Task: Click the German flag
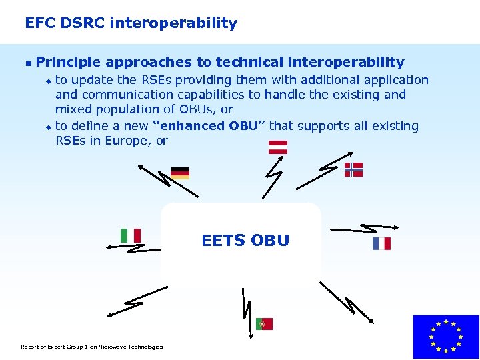pyautogui.click(x=180, y=173)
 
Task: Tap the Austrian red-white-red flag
pyautogui.click(x=277, y=147)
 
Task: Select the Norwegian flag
pyautogui.click(x=353, y=169)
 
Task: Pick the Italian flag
pyautogui.click(x=131, y=235)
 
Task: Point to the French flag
pyautogui.click(x=381, y=243)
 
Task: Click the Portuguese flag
pyautogui.click(x=264, y=324)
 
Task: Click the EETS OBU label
pyautogui.click(x=245, y=241)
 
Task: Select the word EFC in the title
pyautogui.click(x=39, y=23)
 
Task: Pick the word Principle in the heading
pyautogui.click(x=68, y=63)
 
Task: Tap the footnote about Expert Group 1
pyautogui.click(x=92, y=346)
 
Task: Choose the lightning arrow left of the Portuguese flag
pyautogui.click(x=246, y=309)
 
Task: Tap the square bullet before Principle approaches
pyautogui.click(x=27, y=63)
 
